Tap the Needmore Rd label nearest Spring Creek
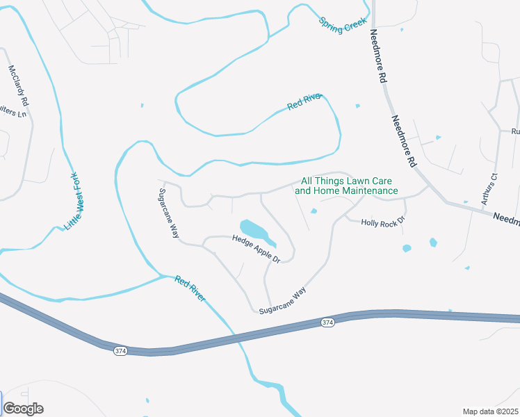coord(378,57)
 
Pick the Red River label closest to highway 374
coord(190,288)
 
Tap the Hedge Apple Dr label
coord(256,249)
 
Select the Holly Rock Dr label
coord(383,222)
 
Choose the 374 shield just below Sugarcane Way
coord(327,322)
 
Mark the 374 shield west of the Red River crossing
coord(120,351)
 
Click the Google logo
coord(23,409)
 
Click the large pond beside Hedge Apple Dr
coord(252,229)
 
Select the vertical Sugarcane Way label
coord(169,213)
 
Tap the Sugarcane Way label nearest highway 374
coord(282,302)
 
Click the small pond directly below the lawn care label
coord(314,211)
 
